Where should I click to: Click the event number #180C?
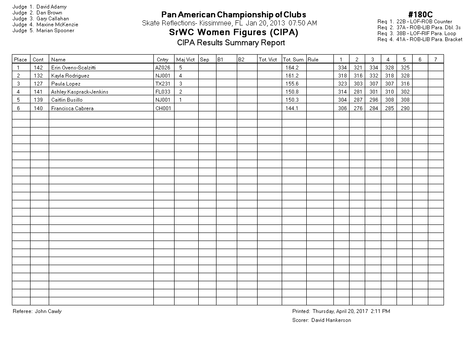coord(420,15)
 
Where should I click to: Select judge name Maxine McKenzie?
coord(57,25)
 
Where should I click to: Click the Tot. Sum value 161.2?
coord(292,76)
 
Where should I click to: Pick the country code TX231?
coord(163,84)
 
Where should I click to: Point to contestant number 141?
coord(38,92)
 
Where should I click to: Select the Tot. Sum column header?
coord(293,60)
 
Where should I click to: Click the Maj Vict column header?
coord(185,60)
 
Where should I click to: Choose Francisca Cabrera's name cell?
coord(72,108)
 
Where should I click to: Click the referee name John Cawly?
coord(48,311)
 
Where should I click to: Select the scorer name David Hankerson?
coord(331,320)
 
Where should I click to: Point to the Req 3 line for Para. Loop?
coord(416,33)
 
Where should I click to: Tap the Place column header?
coord(20,60)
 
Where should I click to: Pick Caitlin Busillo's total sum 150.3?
coord(292,100)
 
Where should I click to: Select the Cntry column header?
coord(162,60)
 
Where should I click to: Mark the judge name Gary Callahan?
coord(53,19)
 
